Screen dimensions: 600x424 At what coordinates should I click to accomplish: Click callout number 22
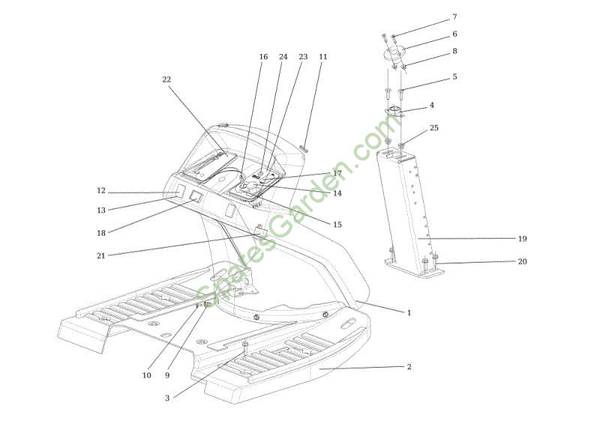coord(166,80)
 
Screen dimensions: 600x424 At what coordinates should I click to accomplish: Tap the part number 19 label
coord(522,239)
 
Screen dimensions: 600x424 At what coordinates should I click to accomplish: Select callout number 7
coord(454,17)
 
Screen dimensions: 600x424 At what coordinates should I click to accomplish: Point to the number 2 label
coord(409,366)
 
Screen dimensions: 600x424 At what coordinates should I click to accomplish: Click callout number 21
coord(101,255)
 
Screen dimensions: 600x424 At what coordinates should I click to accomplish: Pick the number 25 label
coord(434,128)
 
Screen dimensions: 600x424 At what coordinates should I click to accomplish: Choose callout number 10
coord(146,375)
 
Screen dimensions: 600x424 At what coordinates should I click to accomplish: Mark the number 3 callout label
coord(167,398)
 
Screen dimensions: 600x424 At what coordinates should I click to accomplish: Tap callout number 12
coord(101,191)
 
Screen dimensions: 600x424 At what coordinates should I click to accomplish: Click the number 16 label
coord(263,57)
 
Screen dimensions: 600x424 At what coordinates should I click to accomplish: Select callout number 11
coord(323,56)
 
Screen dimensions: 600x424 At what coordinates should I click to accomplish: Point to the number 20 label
coord(522,261)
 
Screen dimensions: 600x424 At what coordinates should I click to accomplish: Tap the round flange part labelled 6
coord(394,53)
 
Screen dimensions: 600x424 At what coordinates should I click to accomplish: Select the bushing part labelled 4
coord(394,112)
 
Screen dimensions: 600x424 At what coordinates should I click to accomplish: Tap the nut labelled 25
coord(401,146)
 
